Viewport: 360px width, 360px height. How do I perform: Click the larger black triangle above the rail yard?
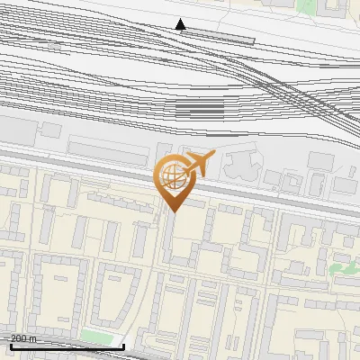point(180,24)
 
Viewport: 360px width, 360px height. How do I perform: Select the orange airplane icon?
point(198,165)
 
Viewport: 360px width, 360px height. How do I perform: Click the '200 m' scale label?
point(23,338)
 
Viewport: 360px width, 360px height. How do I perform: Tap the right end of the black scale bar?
point(123,346)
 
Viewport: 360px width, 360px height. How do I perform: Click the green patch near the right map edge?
point(343,267)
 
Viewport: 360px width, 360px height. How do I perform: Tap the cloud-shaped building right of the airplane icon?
point(240,165)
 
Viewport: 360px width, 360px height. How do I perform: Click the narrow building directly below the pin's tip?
point(168,238)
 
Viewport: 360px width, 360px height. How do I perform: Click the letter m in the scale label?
point(33,338)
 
